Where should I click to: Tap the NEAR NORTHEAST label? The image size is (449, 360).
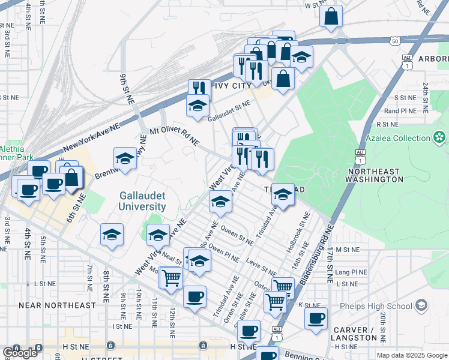[57, 305]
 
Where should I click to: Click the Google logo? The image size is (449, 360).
[20, 353]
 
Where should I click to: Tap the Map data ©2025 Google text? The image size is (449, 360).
[411, 355]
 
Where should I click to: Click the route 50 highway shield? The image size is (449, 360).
[394, 41]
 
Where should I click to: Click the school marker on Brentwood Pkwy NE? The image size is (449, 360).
[125, 158]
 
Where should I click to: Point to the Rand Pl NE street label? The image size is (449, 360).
[400, 111]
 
